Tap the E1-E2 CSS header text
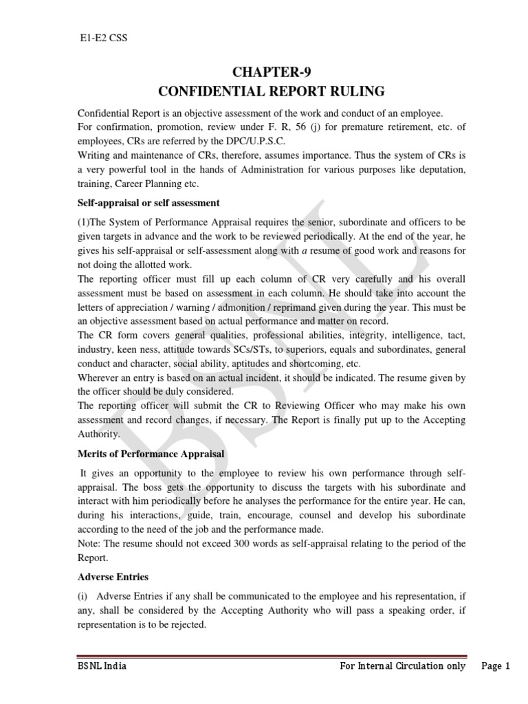(100, 38)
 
